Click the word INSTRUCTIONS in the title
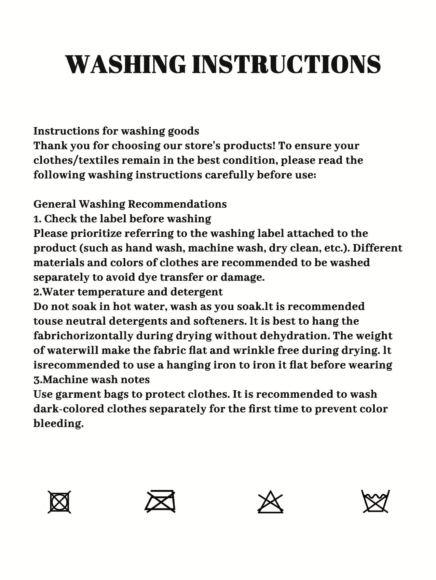(x=287, y=64)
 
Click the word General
(x=54, y=204)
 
